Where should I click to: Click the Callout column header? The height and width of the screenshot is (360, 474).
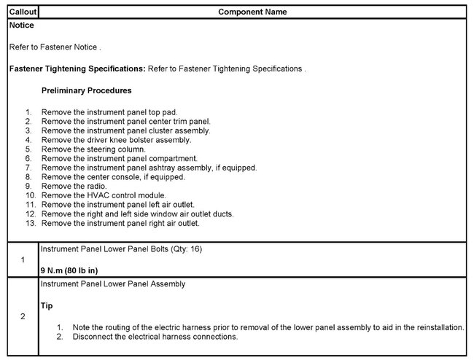click(x=20, y=12)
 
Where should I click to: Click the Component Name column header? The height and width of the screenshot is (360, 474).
click(x=252, y=12)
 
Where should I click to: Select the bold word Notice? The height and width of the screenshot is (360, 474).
click(x=21, y=26)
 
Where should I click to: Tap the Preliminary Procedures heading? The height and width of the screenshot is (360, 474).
click(x=87, y=91)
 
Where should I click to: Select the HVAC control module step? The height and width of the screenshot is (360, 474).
click(x=104, y=195)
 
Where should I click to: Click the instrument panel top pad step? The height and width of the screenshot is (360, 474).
click(x=109, y=111)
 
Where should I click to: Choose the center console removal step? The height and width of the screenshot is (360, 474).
click(x=114, y=176)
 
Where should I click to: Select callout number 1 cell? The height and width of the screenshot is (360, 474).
click(x=23, y=259)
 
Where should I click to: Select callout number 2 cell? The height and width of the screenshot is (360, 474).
click(x=23, y=316)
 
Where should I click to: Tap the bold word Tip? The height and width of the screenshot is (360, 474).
click(x=47, y=306)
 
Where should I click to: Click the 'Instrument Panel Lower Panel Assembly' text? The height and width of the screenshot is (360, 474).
click(x=113, y=283)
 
